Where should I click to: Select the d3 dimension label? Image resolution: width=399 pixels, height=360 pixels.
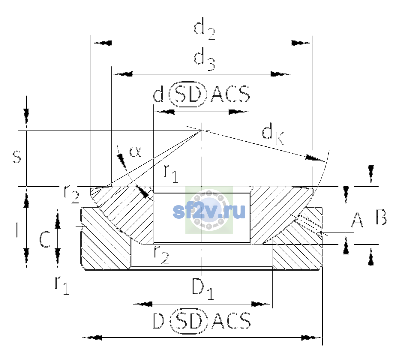click(204, 59)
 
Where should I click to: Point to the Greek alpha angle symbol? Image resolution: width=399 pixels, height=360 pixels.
click(136, 152)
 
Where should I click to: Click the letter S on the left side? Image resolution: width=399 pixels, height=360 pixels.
click(16, 157)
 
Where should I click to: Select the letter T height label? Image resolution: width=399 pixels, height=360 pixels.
click(16, 230)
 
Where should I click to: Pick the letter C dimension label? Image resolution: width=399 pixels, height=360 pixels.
click(45, 240)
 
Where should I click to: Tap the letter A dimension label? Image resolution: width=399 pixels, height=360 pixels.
click(357, 220)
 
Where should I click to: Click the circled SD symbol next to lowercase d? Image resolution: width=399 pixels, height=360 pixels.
click(187, 94)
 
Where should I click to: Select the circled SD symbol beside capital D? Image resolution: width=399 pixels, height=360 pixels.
click(189, 322)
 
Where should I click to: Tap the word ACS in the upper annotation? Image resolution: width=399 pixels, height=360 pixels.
click(230, 94)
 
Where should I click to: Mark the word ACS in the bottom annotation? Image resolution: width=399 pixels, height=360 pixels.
click(231, 321)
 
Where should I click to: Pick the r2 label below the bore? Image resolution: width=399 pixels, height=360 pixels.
click(161, 256)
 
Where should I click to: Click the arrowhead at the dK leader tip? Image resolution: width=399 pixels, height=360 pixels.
click(314, 158)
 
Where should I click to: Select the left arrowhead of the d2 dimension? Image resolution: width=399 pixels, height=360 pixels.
click(102, 43)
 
